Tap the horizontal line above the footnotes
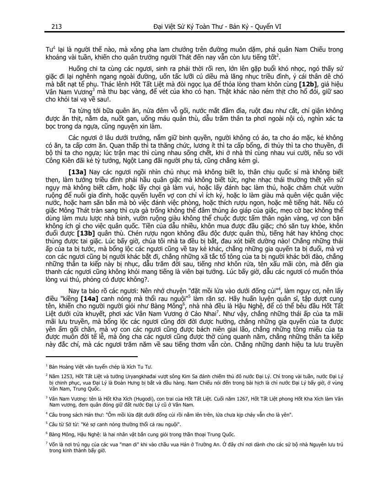point(92,356)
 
